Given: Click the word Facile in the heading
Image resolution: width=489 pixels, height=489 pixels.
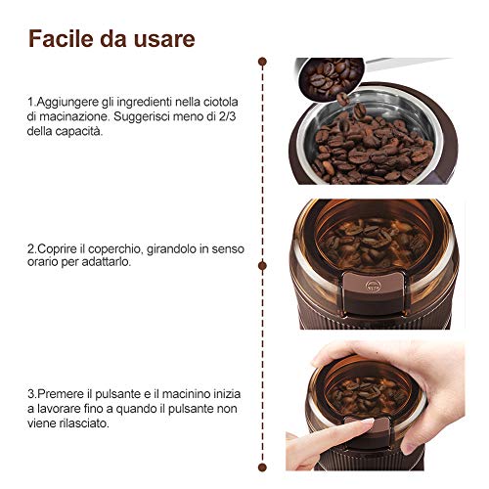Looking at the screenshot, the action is pos(61,39).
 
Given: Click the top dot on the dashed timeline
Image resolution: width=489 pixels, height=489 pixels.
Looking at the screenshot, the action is pos(262,62).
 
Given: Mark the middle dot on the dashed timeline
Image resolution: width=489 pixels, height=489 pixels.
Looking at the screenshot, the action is pos(262,266).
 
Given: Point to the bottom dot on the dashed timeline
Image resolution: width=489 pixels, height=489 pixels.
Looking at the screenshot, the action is pos(262,467).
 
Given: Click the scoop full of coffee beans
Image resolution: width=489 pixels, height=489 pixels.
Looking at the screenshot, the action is pos(330,77).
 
